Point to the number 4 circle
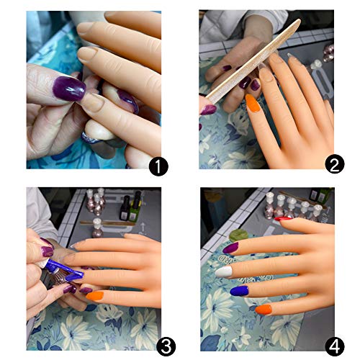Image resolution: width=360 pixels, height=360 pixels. [333, 346]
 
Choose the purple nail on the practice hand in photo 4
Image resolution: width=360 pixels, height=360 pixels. [231, 247]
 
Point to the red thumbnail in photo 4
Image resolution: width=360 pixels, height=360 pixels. [284, 217]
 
